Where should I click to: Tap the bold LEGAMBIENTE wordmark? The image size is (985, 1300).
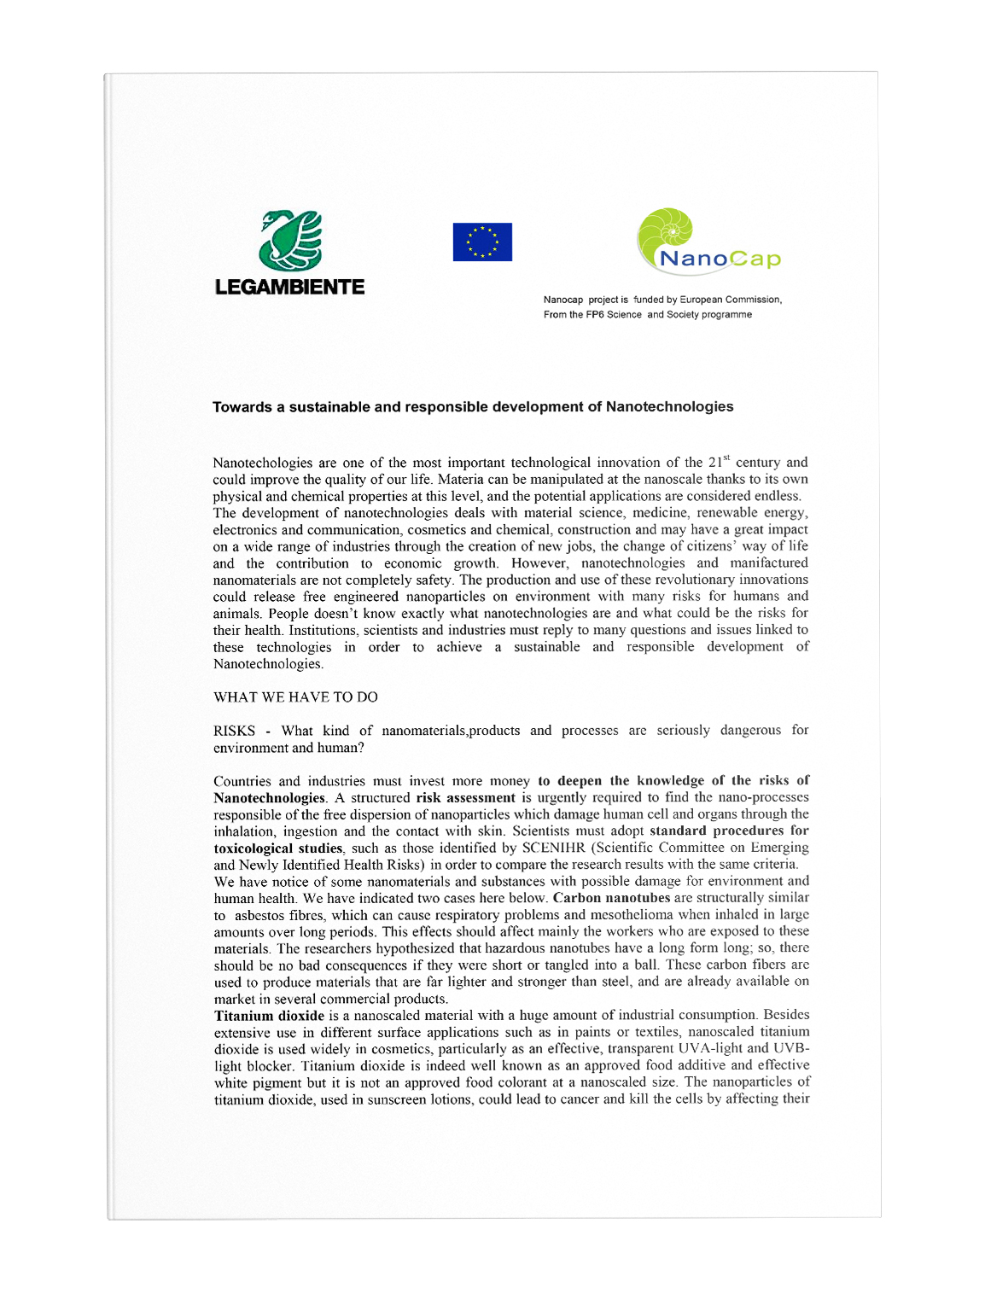tap(289, 287)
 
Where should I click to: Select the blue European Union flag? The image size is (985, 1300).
tap(482, 242)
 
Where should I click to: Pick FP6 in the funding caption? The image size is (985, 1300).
tap(594, 315)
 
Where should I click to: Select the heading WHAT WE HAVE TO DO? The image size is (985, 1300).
tap(295, 697)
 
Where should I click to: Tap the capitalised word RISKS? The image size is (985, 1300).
tap(235, 731)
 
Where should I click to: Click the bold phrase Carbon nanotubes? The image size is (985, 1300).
tap(611, 898)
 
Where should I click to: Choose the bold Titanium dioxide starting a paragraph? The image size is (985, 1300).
tap(269, 1016)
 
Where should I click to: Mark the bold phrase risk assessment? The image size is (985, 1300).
tap(465, 798)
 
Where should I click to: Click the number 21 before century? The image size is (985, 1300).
tap(714, 463)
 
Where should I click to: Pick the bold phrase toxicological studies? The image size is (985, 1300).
tap(278, 848)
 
